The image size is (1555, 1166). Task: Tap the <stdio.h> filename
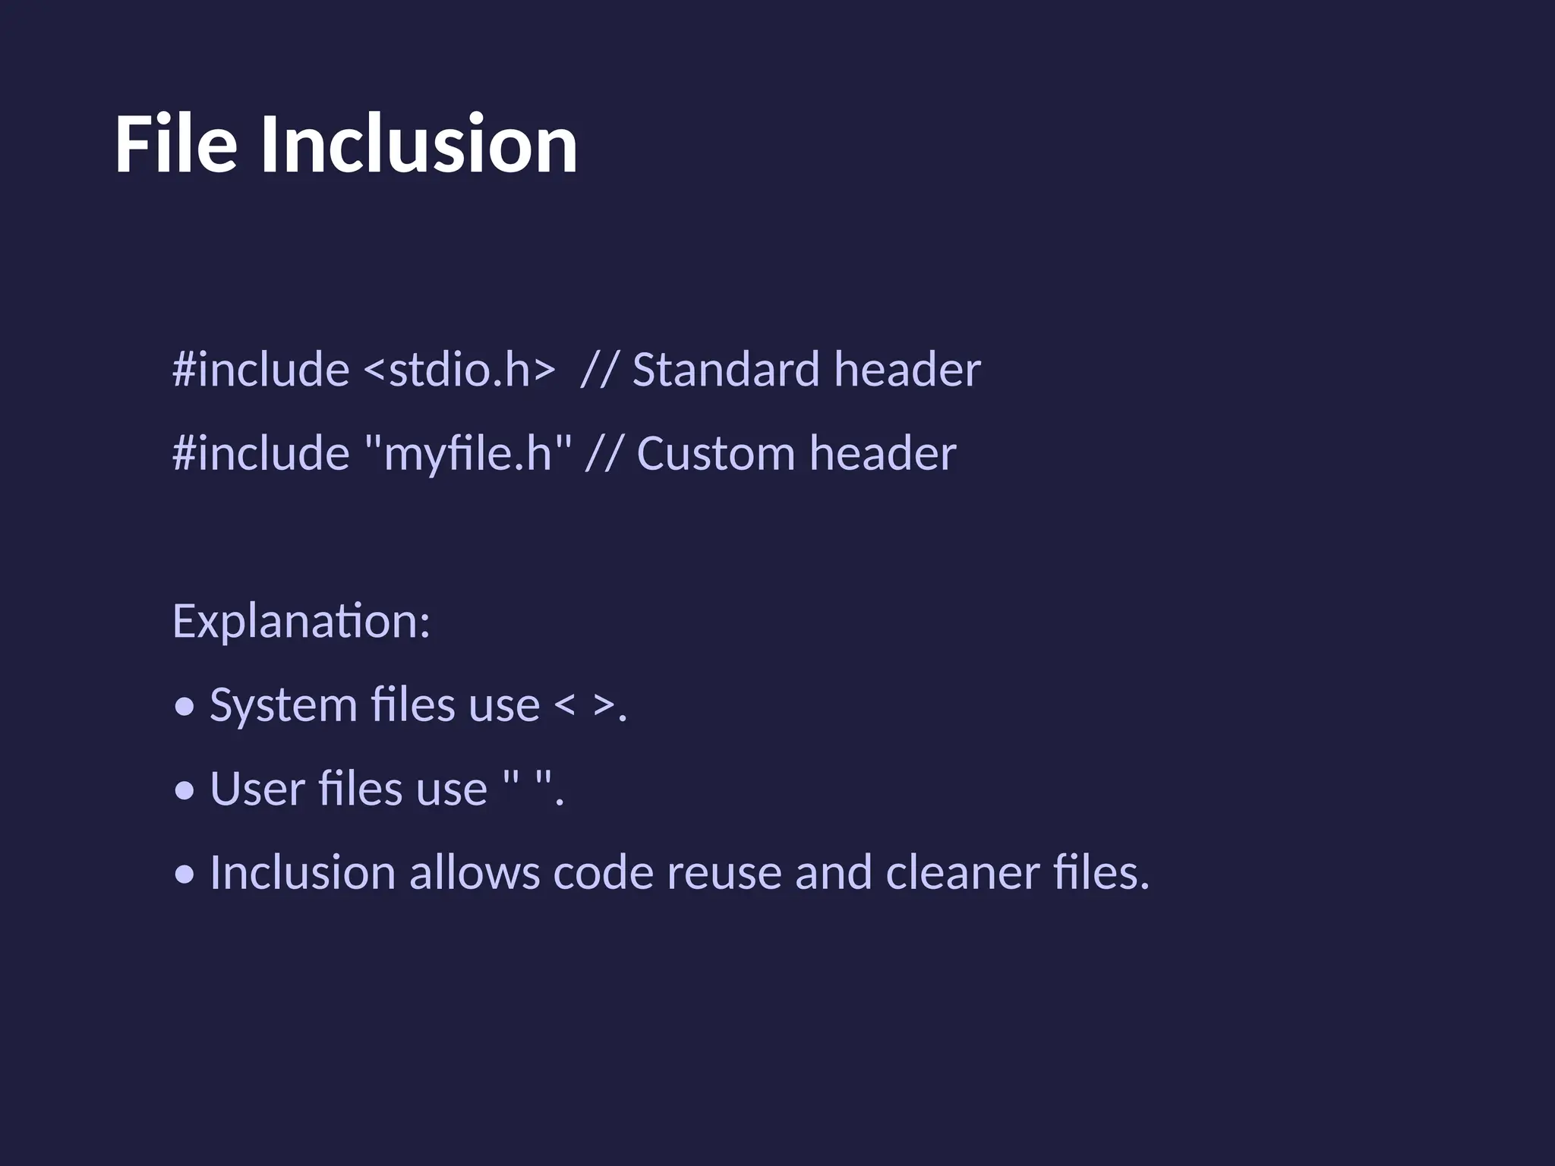[x=459, y=370]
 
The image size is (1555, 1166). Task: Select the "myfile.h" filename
[x=468, y=453]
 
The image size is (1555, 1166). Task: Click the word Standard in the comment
[x=725, y=370]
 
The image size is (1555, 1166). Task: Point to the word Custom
[x=715, y=453]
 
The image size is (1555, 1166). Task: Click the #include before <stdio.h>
[x=260, y=370]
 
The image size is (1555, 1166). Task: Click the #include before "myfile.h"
[x=260, y=453]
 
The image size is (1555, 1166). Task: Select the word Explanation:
[x=301, y=622]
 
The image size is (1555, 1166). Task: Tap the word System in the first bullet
[x=283, y=705]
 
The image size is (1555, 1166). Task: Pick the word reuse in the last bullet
[x=724, y=872]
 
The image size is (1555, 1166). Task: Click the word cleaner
[x=962, y=872]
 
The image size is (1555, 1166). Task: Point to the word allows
[x=475, y=872]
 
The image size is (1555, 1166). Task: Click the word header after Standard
[x=907, y=370]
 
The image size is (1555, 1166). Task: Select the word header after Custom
[x=882, y=453]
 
